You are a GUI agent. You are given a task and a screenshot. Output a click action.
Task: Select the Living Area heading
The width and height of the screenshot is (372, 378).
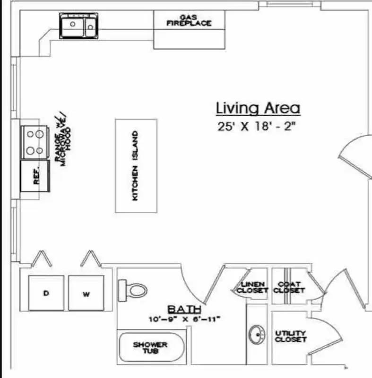(258, 108)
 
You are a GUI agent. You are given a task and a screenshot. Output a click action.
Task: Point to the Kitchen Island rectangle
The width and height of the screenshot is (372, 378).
(136, 166)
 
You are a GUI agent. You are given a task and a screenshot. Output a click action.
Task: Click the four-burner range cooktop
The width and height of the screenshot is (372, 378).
(35, 142)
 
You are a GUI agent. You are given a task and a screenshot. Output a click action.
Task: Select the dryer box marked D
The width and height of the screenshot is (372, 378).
(46, 293)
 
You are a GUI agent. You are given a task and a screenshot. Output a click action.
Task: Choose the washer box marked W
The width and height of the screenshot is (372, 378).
(86, 293)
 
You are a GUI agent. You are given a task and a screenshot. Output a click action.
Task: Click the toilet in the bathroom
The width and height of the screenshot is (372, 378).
(132, 287)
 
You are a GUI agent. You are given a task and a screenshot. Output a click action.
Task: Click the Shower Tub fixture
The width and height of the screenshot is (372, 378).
(150, 349)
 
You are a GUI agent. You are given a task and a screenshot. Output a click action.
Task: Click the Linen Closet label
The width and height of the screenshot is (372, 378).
(252, 287)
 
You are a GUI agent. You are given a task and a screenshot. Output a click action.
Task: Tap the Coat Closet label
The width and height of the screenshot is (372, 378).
(289, 287)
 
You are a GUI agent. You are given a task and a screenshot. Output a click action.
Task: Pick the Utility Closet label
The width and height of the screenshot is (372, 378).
(291, 336)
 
